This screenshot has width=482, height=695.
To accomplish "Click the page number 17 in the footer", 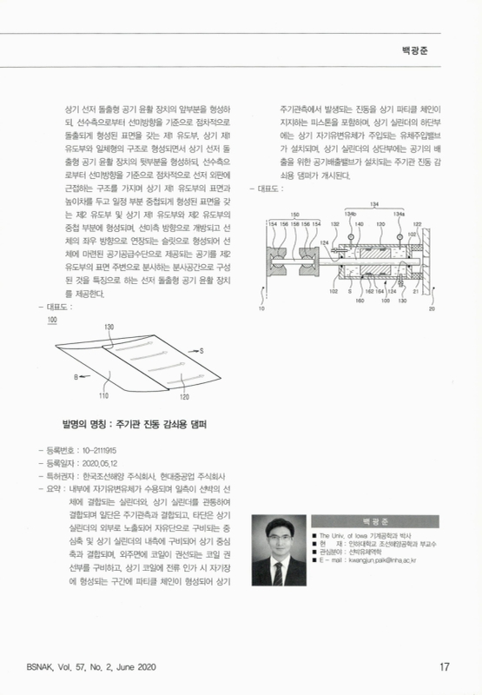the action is point(444,666).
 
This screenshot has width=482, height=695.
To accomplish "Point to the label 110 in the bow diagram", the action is point(102,396).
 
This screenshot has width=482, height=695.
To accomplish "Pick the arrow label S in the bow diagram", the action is point(201,350).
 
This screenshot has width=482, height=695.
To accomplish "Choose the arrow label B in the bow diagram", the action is point(76,377).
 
